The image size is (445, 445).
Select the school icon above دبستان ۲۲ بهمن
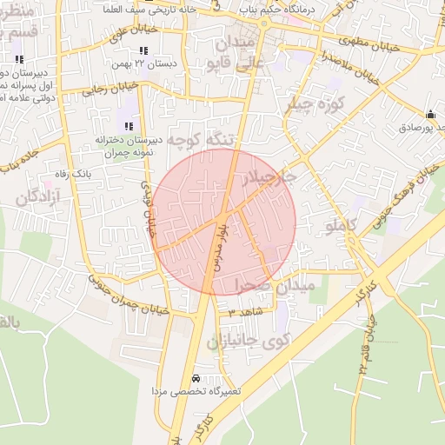pos(143,51)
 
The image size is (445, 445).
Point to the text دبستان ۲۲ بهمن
pos(142,64)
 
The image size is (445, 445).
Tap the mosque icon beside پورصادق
pos(430,114)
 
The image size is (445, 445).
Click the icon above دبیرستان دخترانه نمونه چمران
pos(130,126)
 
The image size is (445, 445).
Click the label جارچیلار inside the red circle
pos(272,177)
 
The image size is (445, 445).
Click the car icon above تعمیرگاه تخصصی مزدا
pos(196,379)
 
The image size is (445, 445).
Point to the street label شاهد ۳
pos(245,310)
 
